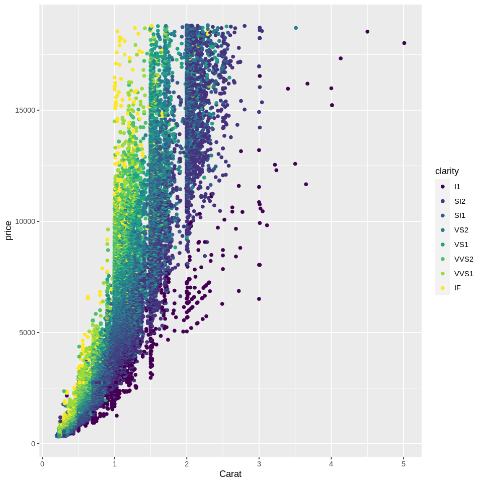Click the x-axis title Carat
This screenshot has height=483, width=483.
tap(230, 474)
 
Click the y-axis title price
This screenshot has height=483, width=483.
tap(9, 230)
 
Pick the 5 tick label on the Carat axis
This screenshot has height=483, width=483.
tap(404, 463)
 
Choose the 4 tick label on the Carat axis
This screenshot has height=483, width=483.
tap(331, 463)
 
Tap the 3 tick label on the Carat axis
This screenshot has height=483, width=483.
tap(259, 463)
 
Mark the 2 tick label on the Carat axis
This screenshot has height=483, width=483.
tap(187, 463)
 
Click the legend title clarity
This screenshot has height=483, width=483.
tap(447, 171)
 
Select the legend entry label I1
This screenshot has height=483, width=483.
tap(457, 187)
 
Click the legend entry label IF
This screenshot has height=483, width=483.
tap(457, 288)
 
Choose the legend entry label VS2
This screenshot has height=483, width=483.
tap(461, 230)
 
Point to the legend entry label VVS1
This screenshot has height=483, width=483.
tap(463, 274)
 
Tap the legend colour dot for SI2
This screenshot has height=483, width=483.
tap(443, 201)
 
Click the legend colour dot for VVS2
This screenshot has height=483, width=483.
tap(443, 259)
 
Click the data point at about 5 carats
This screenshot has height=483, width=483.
tap(404, 43)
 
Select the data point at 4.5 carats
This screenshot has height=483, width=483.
tap(367, 32)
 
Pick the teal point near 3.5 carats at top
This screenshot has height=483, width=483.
tap(296, 28)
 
